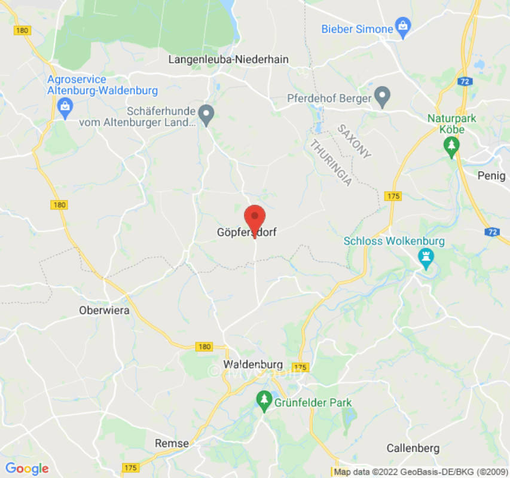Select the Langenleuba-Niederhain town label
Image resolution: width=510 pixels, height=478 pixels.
(x=228, y=59)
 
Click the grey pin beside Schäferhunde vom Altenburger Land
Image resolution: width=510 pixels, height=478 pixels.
(x=206, y=114)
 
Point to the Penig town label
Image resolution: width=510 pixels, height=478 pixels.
(x=491, y=175)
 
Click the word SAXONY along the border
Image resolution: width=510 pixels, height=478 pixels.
(x=353, y=142)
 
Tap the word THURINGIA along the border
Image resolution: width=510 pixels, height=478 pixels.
(x=330, y=162)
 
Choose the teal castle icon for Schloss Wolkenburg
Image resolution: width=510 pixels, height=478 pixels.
(x=425, y=258)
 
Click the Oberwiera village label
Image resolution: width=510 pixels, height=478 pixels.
(x=104, y=311)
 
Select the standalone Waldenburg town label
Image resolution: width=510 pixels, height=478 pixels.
(x=253, y=364)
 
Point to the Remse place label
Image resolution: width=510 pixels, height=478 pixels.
(x=172, y=443)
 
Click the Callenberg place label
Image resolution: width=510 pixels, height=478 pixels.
(x=413, y=448)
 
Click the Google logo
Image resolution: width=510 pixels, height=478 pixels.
(x=26, y=468)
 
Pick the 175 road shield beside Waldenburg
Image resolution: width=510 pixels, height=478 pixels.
(x=301, y=367)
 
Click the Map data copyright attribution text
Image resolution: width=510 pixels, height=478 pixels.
(x=420, y=472)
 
